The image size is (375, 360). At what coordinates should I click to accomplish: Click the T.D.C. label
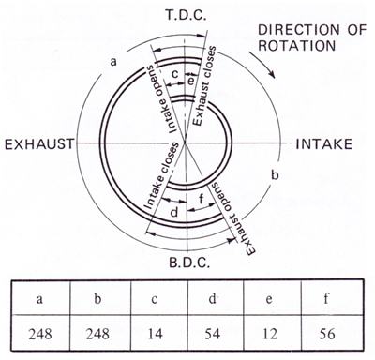pos(186,15)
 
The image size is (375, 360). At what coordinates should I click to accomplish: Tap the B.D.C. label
pos(188,262)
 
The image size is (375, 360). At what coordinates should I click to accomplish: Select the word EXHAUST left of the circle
pos(39,144)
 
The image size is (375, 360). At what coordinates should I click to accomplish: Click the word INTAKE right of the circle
pos(324,144)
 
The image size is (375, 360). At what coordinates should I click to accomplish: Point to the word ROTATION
pos(297,46)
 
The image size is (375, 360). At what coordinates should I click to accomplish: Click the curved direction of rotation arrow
pos(262,64)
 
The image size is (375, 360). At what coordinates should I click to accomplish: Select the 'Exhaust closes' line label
pos(203,86)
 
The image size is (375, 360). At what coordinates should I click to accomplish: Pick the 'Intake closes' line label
pos(160,175)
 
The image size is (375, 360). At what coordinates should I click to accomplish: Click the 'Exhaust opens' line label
pos(233,219)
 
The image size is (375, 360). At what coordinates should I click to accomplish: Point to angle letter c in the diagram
pos(175,75)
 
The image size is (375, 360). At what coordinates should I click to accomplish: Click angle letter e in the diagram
pos(191,82)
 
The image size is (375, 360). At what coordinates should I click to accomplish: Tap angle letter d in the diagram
pos(174,213)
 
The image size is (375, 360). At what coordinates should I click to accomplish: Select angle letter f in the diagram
pos(202,198)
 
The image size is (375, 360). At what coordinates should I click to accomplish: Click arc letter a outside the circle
pos(113,62)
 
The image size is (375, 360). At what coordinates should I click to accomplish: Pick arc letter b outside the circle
pos(275,175)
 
